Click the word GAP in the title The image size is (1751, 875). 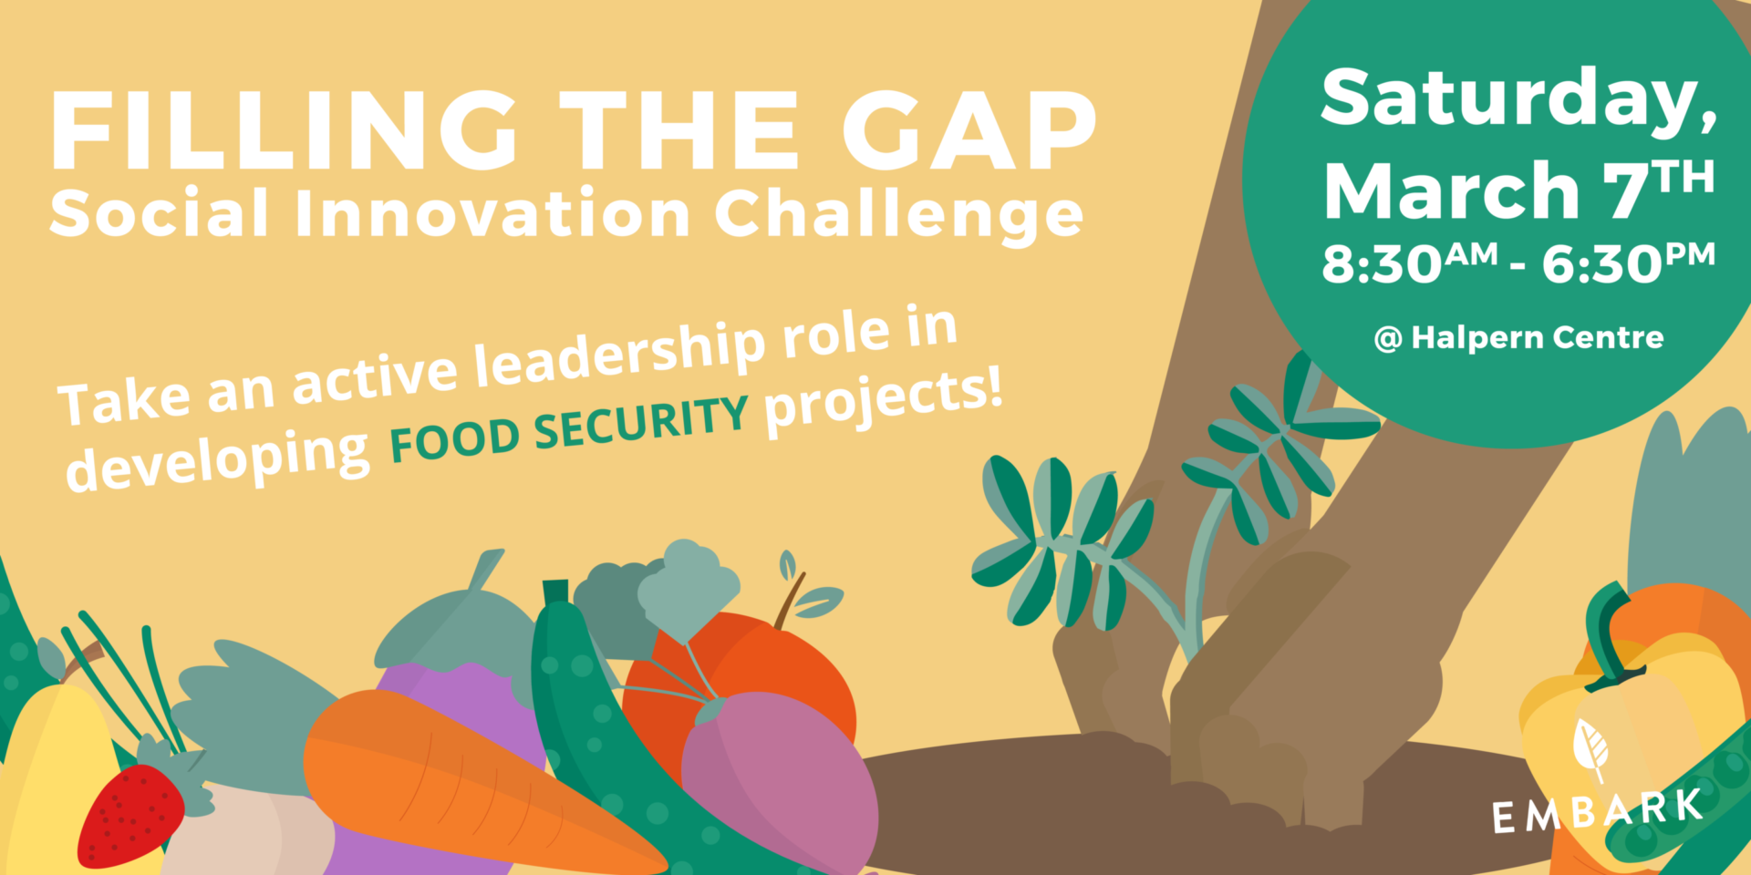coord(969,130)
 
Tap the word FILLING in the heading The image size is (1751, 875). coord(284,130)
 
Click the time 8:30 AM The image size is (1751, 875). coord(1410,262)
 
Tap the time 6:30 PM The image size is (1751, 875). coord(1629,262)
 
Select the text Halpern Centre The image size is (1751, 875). coord(1538,337)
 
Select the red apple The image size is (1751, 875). coord(739,674)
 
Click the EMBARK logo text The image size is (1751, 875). coord(1597,811)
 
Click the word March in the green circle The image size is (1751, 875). coord(1451,190)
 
